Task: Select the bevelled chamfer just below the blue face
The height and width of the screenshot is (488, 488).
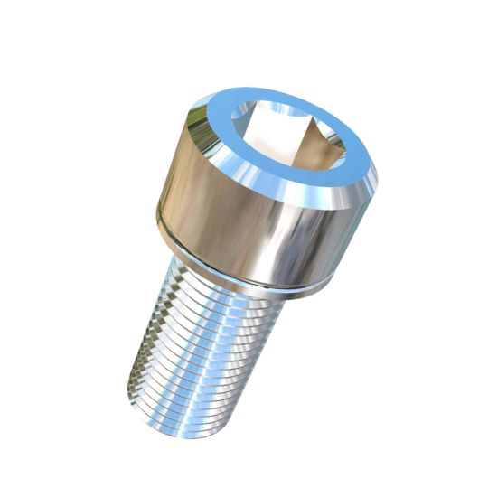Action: click(298, 202)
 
